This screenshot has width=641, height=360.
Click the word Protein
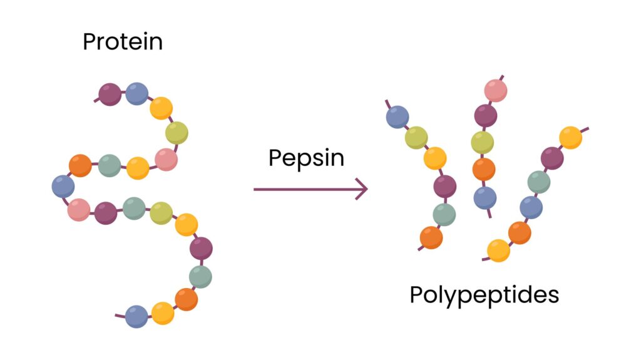tap(123, 42)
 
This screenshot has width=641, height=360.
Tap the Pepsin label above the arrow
tap(306, 158)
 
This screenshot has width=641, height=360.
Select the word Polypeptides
tap(484, 294)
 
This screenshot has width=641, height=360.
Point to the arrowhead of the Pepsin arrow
tap(361, 188)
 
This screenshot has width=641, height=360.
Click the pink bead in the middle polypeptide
tap(495, 91)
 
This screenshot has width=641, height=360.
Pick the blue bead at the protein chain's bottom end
tap(136, 316)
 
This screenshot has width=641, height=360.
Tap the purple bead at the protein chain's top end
tap(110, 95)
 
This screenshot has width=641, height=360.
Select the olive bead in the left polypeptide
tap(416, 137)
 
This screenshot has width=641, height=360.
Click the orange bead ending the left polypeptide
tap(431, 237)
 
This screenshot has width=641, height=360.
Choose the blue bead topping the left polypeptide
tap(397, 117)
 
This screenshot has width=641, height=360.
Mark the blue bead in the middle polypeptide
tap(485, 198)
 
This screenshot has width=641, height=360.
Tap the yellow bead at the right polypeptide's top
tap(570, 138)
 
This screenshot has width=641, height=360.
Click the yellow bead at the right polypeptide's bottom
tap(499, 251)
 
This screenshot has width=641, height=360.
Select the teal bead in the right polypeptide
tap(538, 182)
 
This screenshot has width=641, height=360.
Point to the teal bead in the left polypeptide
tap(444, 214)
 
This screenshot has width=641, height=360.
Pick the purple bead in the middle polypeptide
tap(486, 115)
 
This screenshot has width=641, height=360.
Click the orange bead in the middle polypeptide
tap(484, 169)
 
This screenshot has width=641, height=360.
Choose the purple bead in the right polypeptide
tap(552, 158)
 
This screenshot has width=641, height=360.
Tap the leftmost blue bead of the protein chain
tap(63, 186)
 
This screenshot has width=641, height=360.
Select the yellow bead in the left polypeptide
tap(435, 158)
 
